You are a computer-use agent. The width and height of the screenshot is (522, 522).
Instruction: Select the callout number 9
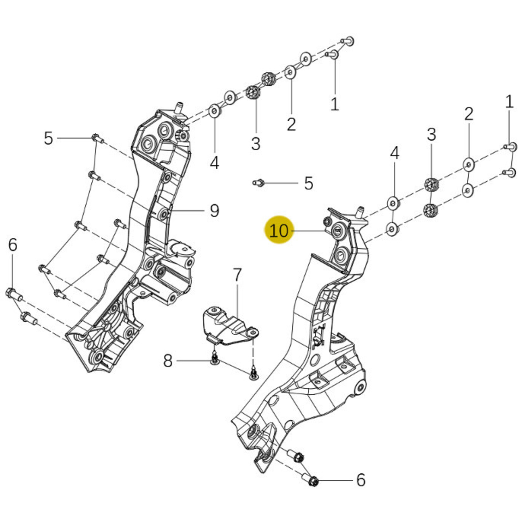pos(214,210)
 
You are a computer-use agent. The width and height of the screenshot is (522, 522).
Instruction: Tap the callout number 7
pos(237,275)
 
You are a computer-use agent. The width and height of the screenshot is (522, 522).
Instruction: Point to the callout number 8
pos(168,361)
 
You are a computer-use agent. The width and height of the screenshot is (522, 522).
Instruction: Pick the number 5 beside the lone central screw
pos(308,183)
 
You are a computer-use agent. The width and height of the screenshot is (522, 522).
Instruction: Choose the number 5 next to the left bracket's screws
pos(48,138)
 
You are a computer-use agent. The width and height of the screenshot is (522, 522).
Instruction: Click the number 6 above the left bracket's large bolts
pos(12,245)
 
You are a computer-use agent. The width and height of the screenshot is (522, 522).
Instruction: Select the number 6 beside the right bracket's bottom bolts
pos(361,480)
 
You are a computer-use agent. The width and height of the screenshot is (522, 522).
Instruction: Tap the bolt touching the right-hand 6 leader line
pos(313,481)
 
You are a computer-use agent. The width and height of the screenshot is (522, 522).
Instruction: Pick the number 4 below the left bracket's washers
pos(214,163)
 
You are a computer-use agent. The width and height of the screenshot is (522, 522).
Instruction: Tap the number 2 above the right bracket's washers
pos(469,114)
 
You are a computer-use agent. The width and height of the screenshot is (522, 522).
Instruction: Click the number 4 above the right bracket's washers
pos(394,153)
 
